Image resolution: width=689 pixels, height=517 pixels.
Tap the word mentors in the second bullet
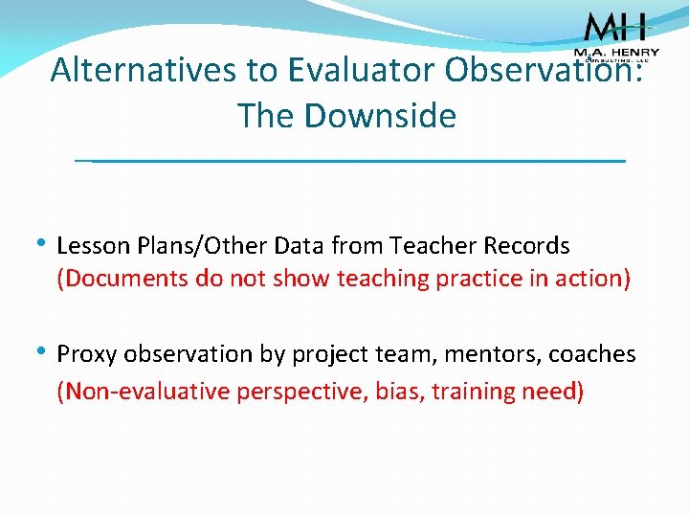[486, 354]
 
